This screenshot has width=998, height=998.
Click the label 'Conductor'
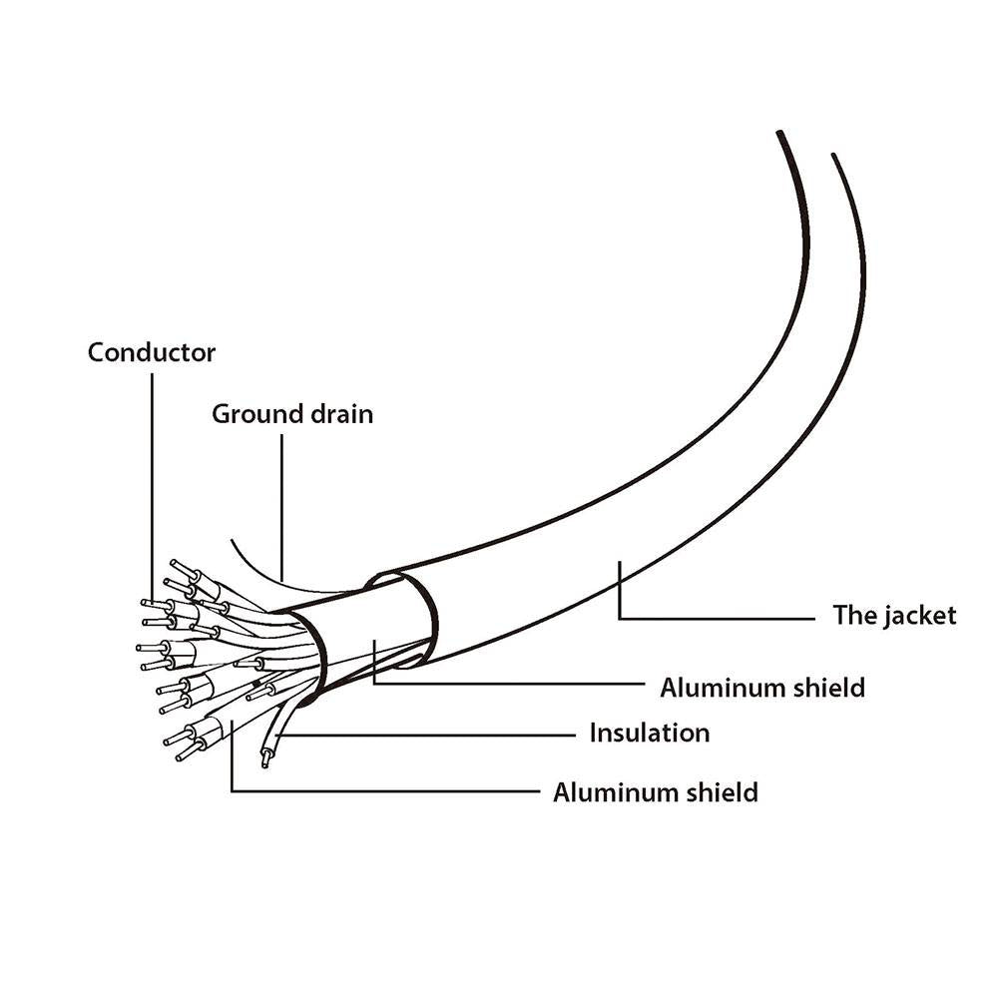point(152,352)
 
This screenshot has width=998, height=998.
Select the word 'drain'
point(341,414)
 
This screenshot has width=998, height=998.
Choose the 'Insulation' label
point(650,733)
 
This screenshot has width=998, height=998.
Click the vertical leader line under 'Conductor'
point(152,488)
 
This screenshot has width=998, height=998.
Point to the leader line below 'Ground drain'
point(282,507)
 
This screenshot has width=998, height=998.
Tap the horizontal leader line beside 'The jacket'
point(717,618)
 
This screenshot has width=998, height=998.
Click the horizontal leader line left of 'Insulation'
point(426,736)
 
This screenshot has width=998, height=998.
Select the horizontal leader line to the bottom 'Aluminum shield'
point(385,791)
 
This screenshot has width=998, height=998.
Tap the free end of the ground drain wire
point(232,540)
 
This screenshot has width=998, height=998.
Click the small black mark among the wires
point(255,685)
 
